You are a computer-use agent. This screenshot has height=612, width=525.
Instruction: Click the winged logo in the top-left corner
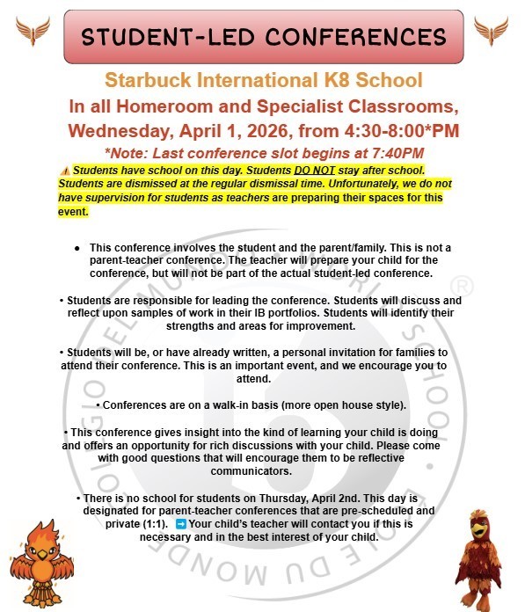(x=33, y=32)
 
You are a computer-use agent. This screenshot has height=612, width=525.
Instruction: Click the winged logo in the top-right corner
(x=491, y=32)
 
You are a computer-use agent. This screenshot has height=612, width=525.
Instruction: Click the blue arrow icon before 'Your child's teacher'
(x=181, y=524)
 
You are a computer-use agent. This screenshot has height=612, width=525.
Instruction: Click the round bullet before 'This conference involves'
(x=79, y=249)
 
